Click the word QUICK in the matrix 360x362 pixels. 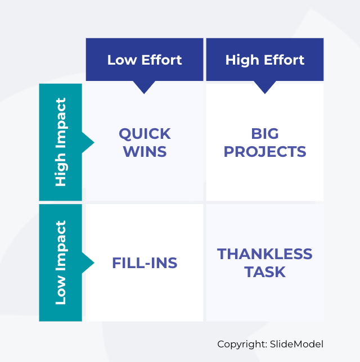[145, 134]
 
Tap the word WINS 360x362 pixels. [145, 152]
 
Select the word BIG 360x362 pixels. [265, 134]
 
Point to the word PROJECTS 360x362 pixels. [265, 152]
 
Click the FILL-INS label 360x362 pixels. [145, 263]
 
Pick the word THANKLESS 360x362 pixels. [265, 254]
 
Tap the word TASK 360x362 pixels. [265, 272]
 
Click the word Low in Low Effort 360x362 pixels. [122, 60]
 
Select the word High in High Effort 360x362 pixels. [242, 61]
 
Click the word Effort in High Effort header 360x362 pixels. [284, 60]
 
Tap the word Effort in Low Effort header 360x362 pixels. [161, 60]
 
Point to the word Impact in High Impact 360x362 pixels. [61, 123]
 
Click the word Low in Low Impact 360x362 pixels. [61, 289]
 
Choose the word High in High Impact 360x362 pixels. [61, 169]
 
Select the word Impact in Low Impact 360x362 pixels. [61, 246]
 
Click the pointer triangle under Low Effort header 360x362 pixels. [144, 87]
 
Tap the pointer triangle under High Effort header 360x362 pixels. [265, 87]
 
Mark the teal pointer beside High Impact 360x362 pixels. [88, 142]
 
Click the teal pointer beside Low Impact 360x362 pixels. [88, 263]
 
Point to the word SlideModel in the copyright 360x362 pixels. [296, 344]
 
